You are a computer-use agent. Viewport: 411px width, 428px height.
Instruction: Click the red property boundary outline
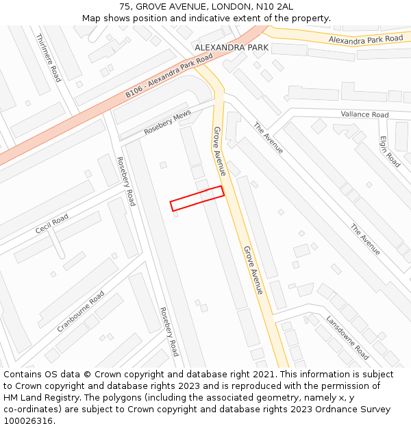coord(197,198)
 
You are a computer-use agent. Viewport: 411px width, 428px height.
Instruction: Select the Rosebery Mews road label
coord(167,123)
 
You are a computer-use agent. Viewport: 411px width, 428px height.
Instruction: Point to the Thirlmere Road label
coord(48,58)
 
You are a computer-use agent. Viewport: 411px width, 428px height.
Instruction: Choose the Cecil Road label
coord(52,224)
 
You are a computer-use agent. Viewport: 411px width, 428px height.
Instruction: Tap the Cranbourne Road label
coord(81,312)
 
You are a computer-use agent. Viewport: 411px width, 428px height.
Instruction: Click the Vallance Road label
coord(364,114)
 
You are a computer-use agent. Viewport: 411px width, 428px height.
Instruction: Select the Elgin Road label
coord(390,151)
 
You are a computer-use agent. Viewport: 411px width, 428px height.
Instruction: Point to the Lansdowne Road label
coord(347,337)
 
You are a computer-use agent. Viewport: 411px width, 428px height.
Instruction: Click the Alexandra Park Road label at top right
coord(365,40)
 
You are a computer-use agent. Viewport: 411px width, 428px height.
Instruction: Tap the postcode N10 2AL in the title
coord(274,6)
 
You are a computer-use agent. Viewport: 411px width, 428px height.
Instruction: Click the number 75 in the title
coord(125,6)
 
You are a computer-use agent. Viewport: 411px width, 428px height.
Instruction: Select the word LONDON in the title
coord(230,6)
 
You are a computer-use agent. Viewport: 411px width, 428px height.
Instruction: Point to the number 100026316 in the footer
coord(29,421)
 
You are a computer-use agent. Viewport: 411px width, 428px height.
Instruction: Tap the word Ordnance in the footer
coord(356,410)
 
